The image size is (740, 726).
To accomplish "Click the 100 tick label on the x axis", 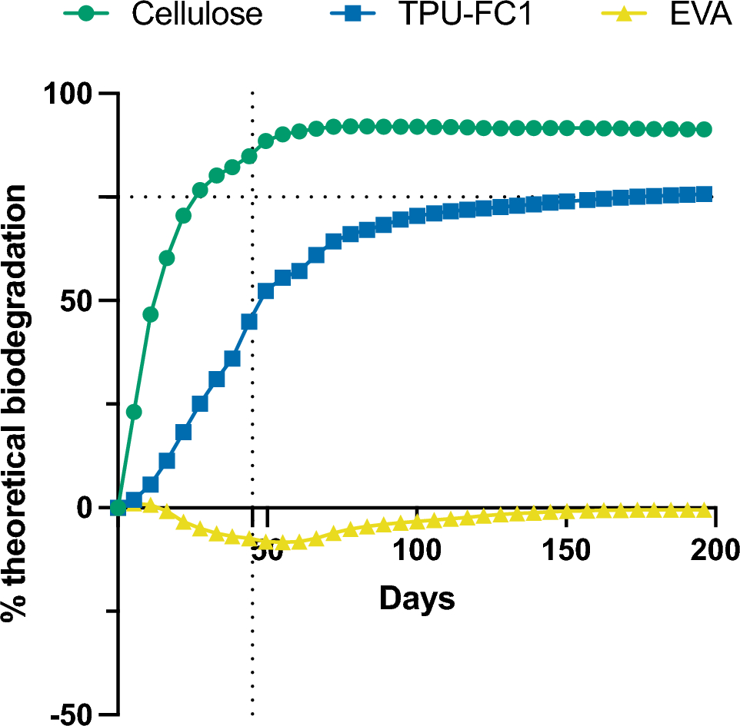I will (416, 552).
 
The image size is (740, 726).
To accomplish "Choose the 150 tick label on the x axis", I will (565, 552).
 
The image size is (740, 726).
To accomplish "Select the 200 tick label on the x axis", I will (715, 552).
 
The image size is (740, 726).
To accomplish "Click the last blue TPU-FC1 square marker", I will (703, 194).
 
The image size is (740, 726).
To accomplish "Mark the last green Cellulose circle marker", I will (703, 129).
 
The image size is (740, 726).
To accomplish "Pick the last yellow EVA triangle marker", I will (703, 510).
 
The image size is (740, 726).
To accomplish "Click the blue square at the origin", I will (118, 507).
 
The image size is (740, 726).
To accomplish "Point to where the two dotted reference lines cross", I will (252, 197).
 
